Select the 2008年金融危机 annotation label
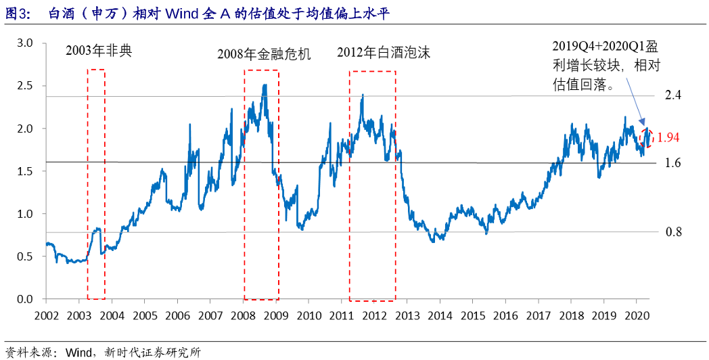click(264, 54)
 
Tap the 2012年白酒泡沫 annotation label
click(384, 53)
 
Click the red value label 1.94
click(668, 137)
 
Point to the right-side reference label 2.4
click(672, 95)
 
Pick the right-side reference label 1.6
click(672, 163)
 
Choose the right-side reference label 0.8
click(673, 232)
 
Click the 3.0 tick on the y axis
click(25, 43)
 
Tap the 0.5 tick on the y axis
click(25, 256)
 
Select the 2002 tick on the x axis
click(46, 316)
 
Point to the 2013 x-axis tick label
click(407, 316)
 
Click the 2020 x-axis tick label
click(637, 316)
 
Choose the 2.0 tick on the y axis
click(25, 129)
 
